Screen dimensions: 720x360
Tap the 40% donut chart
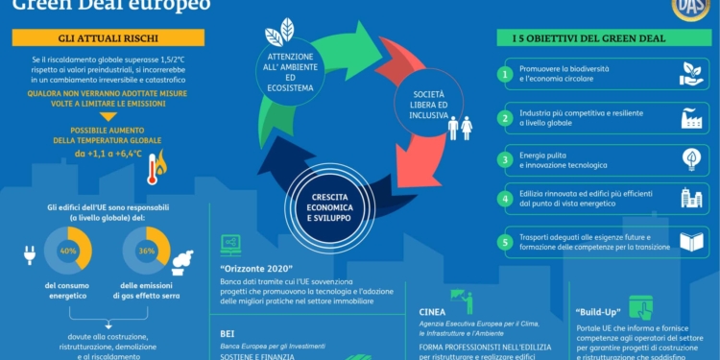coord(68,251)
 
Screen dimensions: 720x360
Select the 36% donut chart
coord(147,251)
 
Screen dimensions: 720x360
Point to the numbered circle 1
coord(505,73)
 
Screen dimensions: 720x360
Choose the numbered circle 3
coord(505,158)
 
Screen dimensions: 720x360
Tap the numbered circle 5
coord(505,242)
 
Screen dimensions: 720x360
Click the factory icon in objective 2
coord(691,117)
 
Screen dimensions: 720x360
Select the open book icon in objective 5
coord(691,242)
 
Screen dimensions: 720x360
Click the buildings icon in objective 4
coord(691,200)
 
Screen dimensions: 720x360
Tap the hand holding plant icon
coord(691,73)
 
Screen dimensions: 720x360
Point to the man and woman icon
coord(460,127)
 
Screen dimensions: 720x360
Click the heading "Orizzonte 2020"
coord(255,267)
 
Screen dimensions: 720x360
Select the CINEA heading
coord(432,312)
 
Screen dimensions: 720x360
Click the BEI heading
coord(228,327)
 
